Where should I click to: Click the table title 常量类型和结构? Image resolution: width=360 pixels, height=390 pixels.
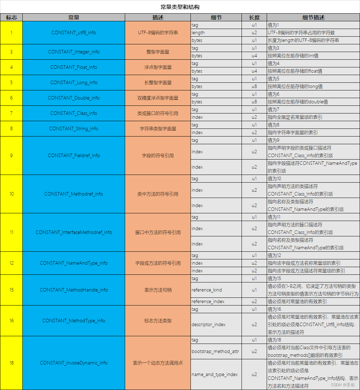pos(180,7)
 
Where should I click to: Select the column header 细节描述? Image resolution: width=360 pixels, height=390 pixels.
pos(313,17)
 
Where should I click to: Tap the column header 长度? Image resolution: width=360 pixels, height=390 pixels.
pos(254,17)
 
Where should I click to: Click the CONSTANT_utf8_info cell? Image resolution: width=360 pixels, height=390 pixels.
pos(73,32)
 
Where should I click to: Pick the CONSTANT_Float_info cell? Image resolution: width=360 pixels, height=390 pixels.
pos(73,67)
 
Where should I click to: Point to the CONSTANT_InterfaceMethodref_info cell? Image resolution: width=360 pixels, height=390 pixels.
pos(73,232)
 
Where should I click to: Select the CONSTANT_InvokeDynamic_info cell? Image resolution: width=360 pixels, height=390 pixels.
pos(73,363)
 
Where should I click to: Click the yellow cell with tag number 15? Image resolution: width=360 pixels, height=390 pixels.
pos(12,290)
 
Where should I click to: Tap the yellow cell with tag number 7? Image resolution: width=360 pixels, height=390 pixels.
pos(12,113)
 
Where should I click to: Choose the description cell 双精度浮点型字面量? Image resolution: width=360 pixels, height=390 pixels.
pos(158,98)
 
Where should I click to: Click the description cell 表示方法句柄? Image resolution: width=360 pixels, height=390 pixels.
pos(158,290)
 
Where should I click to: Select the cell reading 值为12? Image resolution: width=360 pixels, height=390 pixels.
pos(274,255)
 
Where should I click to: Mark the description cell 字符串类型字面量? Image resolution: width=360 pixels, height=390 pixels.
pos(158,128)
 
